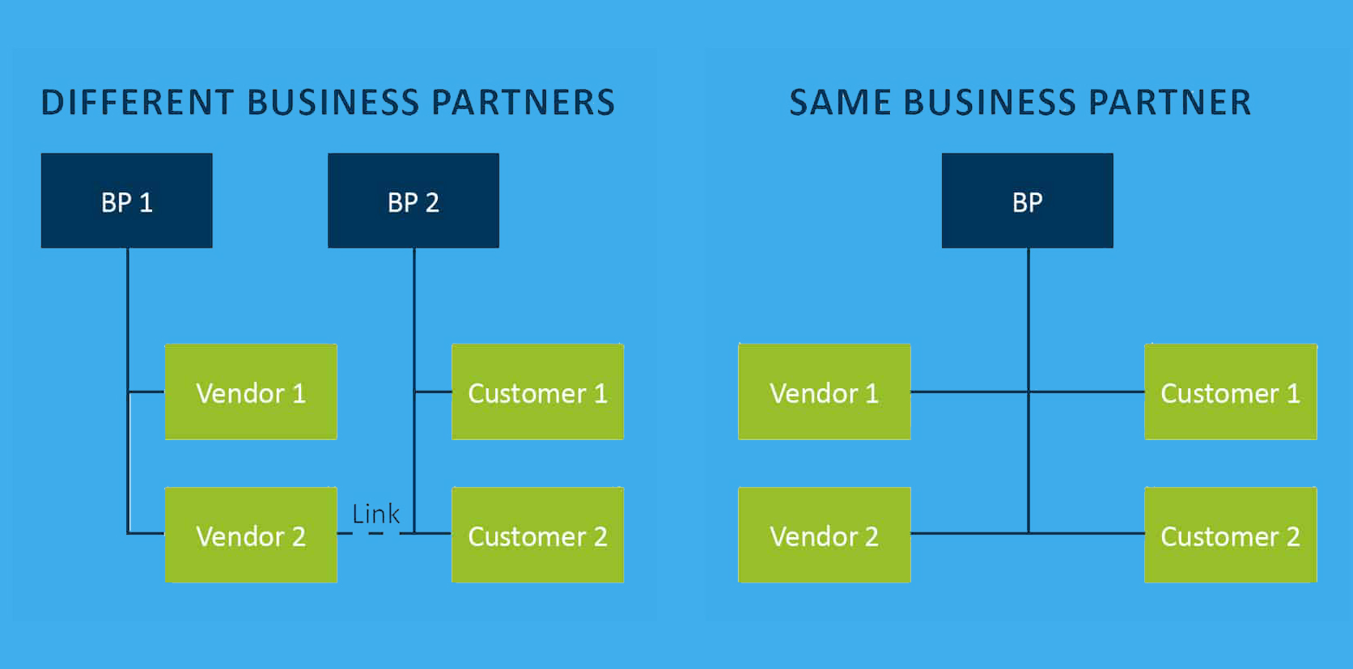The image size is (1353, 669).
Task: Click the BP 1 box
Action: [x=127, y=201]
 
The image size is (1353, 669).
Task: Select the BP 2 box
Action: [x=413, y=201]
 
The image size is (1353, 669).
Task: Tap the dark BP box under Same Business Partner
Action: [x=1027, y=201]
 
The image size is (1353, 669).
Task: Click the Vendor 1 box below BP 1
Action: [x=251, y=392]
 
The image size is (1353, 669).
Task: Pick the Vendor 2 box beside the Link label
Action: [x=251, y=535]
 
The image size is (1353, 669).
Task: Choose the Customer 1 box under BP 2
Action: [x=537, y=392]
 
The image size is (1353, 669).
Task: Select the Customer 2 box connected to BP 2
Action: [x=537, y=535]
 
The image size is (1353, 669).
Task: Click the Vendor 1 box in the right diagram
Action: [x=824, y=392]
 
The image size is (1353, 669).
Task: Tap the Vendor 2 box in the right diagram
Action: [x=824, y=535]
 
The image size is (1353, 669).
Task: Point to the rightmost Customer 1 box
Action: [x=1230, y=392]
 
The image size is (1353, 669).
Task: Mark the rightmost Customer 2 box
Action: [x=1230, y=535]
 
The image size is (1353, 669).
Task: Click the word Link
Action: [x=375, y=514]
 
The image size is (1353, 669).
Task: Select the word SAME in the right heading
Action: [x=840, y=103]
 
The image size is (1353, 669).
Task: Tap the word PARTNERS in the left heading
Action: [x=523, y=103]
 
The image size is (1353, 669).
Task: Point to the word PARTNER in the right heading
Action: [x=1169, y=103]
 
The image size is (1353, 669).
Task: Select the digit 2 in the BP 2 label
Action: [x=432, y=202]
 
